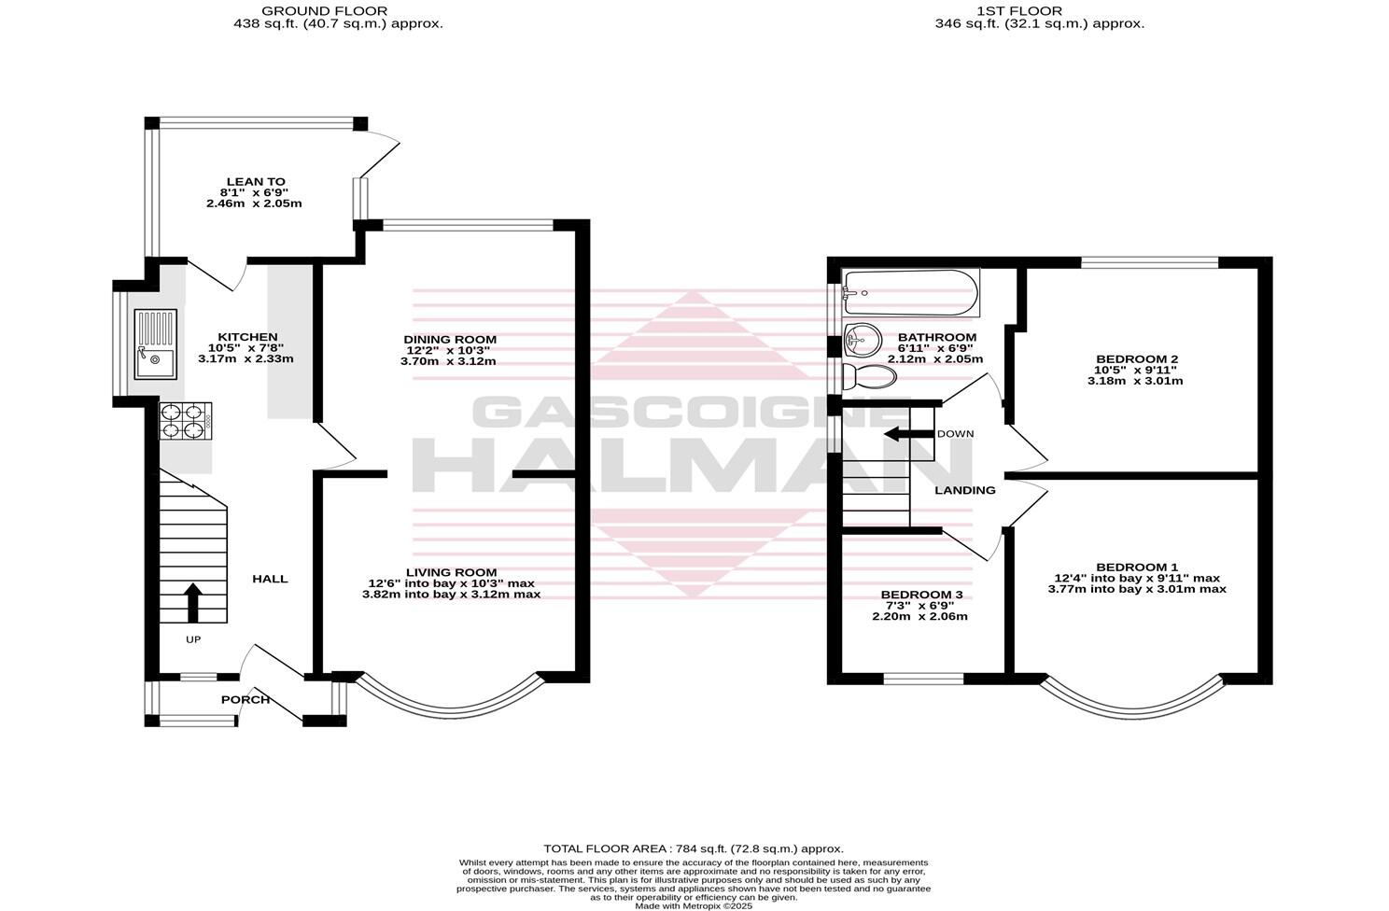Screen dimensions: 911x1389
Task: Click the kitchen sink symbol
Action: pos(155,343)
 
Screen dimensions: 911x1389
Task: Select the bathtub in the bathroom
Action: pos(910,291)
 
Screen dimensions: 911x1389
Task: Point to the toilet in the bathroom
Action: pos(869,377)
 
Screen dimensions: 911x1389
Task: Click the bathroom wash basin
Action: pos(863,339)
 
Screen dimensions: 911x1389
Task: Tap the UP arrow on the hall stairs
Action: pos(193,603)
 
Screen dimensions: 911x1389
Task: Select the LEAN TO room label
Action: pos(255,182)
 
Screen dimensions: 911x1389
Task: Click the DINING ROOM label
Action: pos(449,339)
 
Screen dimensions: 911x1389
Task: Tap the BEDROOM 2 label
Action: pos(1136,358)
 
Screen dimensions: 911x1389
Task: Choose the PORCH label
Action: pos(246,699)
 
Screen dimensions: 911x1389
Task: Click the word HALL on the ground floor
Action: pos(270,579)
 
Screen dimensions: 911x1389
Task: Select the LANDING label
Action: pos(965,490)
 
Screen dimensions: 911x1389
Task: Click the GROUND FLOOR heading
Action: pos(338,10)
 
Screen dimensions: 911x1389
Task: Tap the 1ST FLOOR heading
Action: pos(1039,10)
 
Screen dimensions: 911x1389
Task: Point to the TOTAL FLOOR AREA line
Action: pos(694,848)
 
